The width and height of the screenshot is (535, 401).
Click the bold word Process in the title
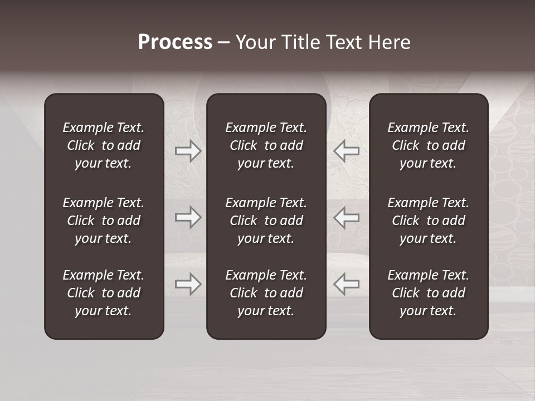[175, 42]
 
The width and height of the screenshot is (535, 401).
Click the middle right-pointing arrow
[188, 217]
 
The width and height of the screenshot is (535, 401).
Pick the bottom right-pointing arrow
[188, 283]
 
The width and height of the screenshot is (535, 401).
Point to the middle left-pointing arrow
[346, 217]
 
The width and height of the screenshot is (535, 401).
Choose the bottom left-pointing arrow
[346, 283]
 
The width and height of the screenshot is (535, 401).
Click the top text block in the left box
[104, 145]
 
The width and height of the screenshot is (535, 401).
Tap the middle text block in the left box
[104, 221]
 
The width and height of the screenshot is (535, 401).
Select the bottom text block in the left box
[104, 293]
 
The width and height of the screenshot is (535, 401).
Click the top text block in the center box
[266, 145]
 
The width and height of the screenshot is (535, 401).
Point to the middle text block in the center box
[266, 221]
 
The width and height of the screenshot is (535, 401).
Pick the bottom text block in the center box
[266, 293]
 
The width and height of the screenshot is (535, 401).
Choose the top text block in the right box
[428, 145]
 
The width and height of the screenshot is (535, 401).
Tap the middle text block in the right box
[428, 221]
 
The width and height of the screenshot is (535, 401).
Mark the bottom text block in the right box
[428, 293]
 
